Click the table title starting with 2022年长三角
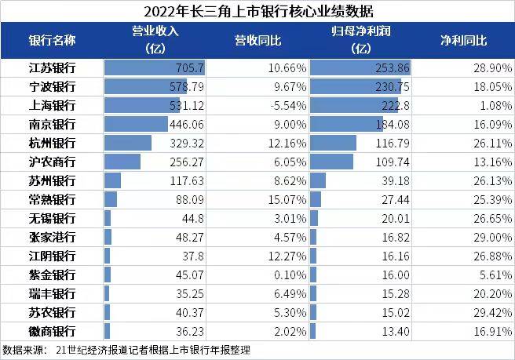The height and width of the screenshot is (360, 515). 257,11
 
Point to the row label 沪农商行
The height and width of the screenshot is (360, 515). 52,162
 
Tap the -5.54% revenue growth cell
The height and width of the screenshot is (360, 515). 274,105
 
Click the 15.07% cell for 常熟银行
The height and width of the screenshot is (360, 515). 274,199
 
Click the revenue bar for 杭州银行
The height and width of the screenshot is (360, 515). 127,143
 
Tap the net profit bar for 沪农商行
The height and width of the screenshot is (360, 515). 331,162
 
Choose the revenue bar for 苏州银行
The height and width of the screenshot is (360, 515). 112,180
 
